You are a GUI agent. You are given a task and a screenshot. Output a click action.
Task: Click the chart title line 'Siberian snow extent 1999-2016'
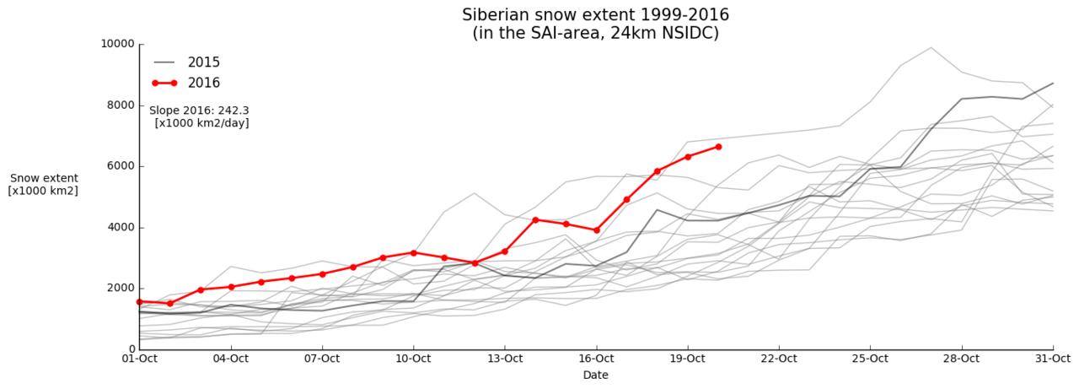coord(595,15)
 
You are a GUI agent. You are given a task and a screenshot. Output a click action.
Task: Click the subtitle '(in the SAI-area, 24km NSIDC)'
coord(595,34)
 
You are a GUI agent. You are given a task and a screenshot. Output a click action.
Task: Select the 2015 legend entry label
coord(204,62)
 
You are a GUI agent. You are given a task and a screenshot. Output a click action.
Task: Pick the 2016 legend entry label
coord(204,83)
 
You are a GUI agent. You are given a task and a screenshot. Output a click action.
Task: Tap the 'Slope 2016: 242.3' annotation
coord(199,111)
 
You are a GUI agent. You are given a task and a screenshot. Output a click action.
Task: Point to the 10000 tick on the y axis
coord(117,44)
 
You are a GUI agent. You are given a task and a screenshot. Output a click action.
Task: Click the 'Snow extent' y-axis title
coord(44,178)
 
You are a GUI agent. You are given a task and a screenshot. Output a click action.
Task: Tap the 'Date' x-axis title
coord(595,375)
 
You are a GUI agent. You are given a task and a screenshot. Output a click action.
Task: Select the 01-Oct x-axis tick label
coord(140,359)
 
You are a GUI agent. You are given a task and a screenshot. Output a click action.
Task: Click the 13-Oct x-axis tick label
coord(504,359)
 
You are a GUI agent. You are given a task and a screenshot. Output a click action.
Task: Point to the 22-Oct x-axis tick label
coord(778,359)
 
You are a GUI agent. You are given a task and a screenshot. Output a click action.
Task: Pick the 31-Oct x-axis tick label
coord(1052,359)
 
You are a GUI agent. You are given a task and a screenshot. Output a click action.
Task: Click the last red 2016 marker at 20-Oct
coord(718,147)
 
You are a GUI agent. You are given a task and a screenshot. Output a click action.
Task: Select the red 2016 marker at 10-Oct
coord(413,252)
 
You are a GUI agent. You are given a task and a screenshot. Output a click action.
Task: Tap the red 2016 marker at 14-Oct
coord(535,219)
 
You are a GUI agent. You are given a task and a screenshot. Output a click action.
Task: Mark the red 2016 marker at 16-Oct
coord(596,230)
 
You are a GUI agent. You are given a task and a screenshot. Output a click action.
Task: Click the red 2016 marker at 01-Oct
coord(140,301)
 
